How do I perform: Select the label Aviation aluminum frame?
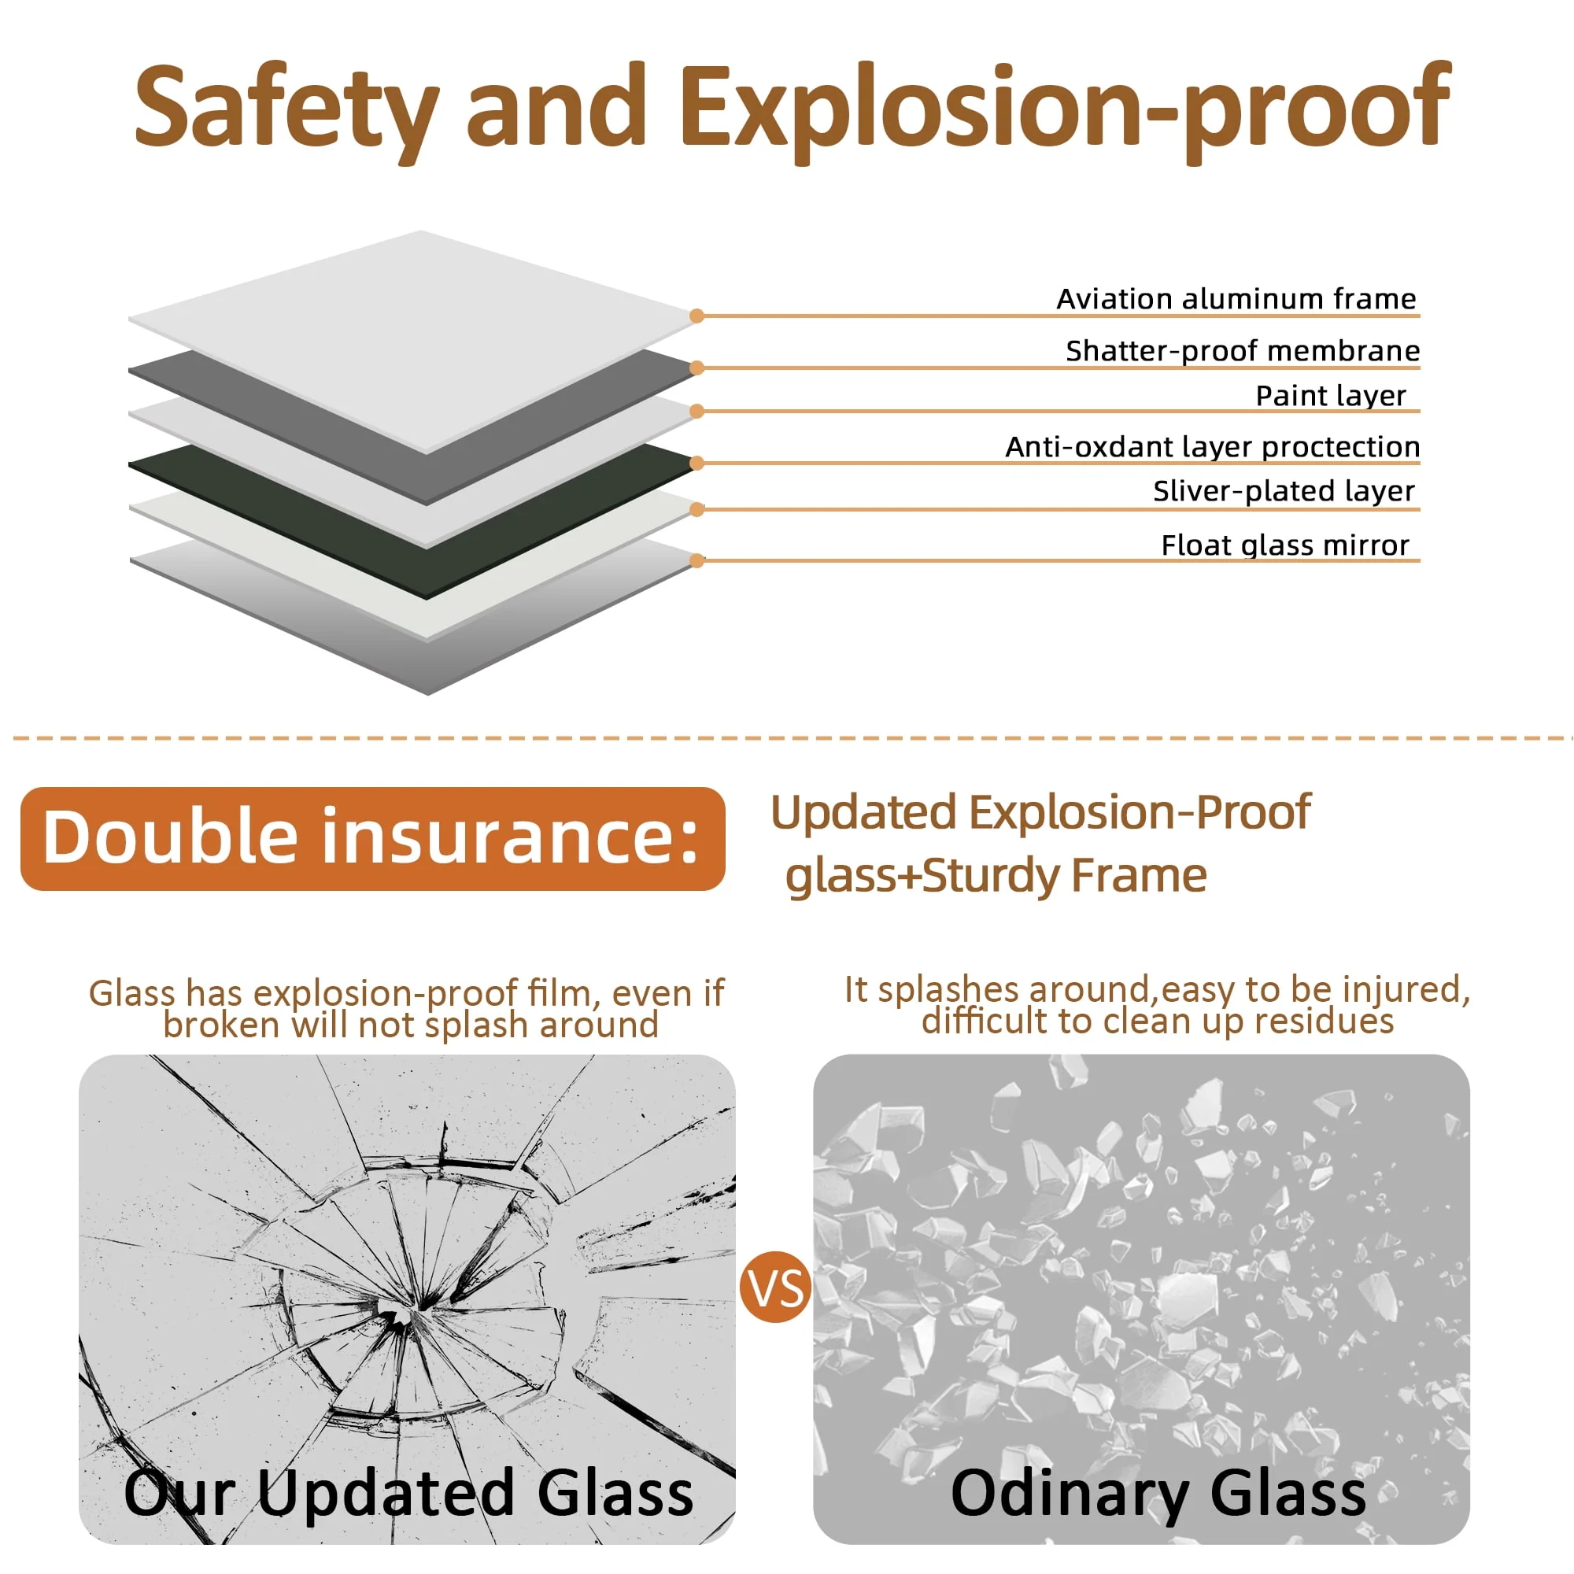(1236, 299)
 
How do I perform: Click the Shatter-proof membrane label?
(1243, 350)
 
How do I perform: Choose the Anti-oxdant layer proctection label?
(1212, 446)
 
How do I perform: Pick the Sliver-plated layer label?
(1284, 490)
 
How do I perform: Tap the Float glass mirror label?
(1285, 545)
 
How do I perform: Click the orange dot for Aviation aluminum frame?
(696, 316)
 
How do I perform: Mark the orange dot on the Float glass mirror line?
(696, 560)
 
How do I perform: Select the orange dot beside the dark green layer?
(696, 464)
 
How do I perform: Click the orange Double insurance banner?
(372, 838)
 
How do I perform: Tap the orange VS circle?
(774, 1288)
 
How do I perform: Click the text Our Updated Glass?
(408, 1492)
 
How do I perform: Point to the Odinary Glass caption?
(1158, 1492)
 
